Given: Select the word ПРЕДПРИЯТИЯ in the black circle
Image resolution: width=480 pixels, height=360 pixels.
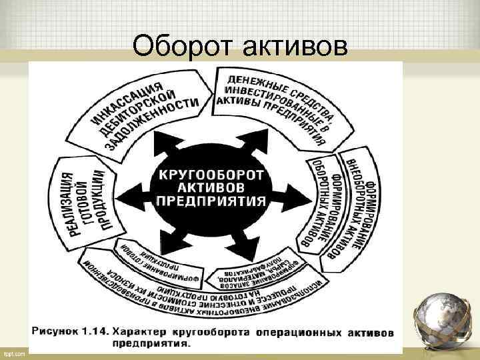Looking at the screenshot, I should pyautogui.click(x=210, y=201).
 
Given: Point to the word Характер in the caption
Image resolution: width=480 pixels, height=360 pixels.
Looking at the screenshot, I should pyautogui.click(x=143, y=331).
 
